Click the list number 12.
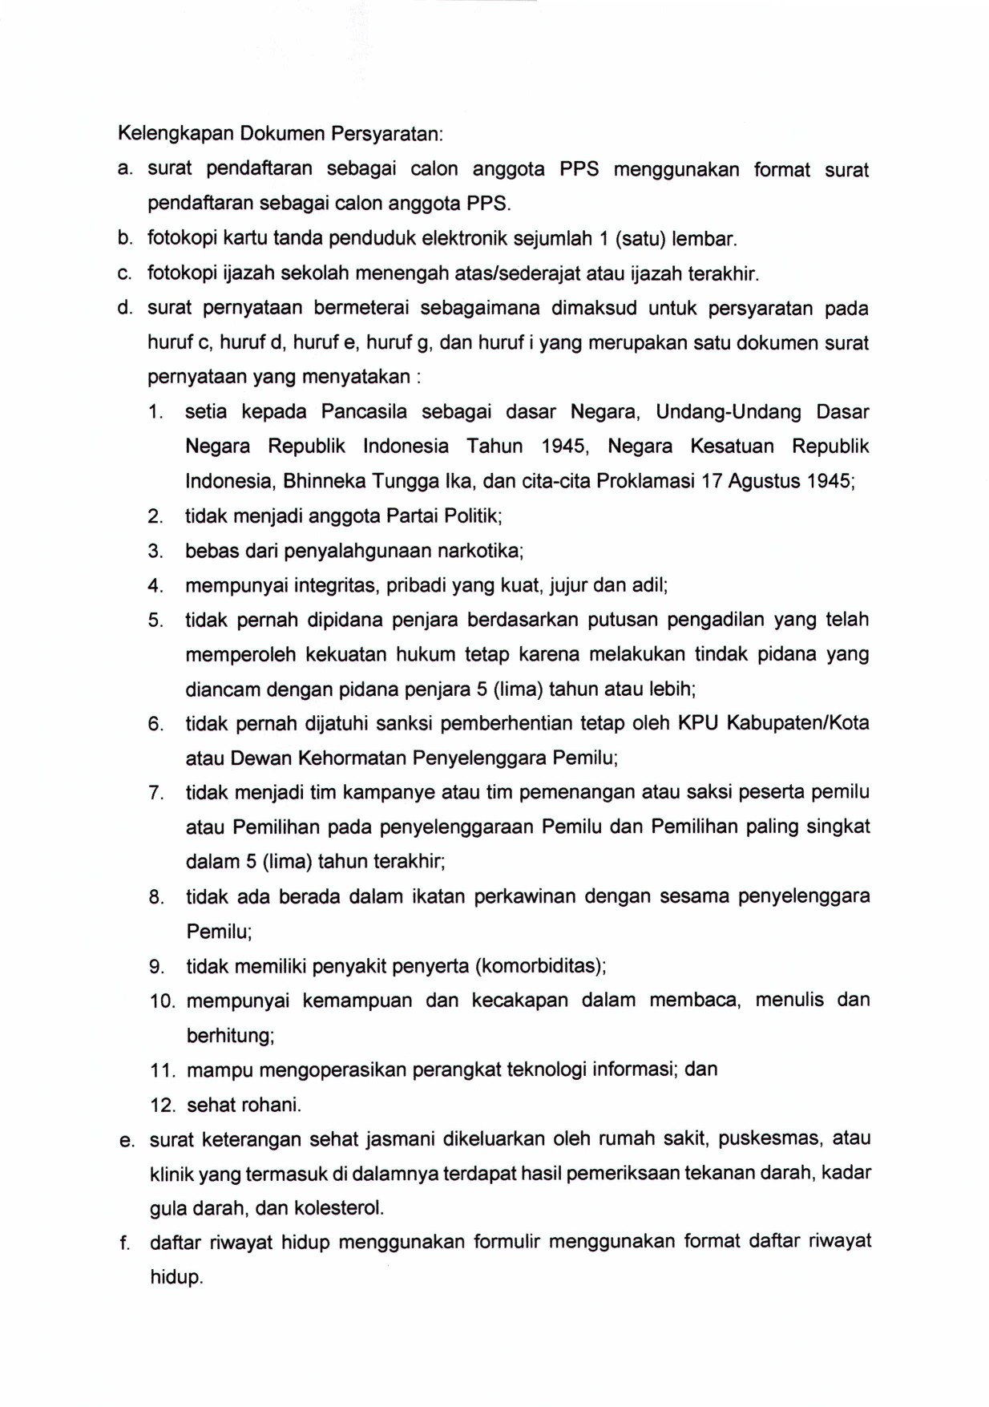pyautogui.click(x=162, y=1106)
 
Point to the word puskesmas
pyautogui.click(x=769, y=1139)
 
